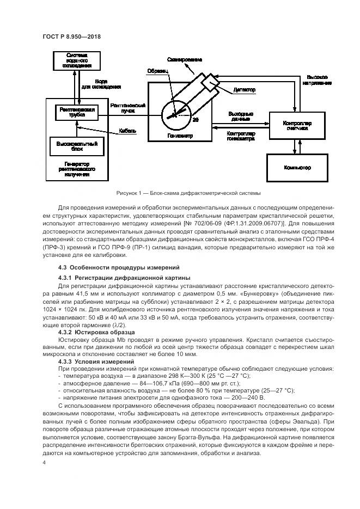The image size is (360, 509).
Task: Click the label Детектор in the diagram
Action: [x=245, y=89]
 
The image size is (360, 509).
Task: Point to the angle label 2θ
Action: [x=196, y=119]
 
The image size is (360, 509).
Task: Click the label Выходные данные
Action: [x=239, y=115]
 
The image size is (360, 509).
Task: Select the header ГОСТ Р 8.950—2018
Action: [x=71, y=36]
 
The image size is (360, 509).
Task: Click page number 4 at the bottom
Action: [x=44, y=462]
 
